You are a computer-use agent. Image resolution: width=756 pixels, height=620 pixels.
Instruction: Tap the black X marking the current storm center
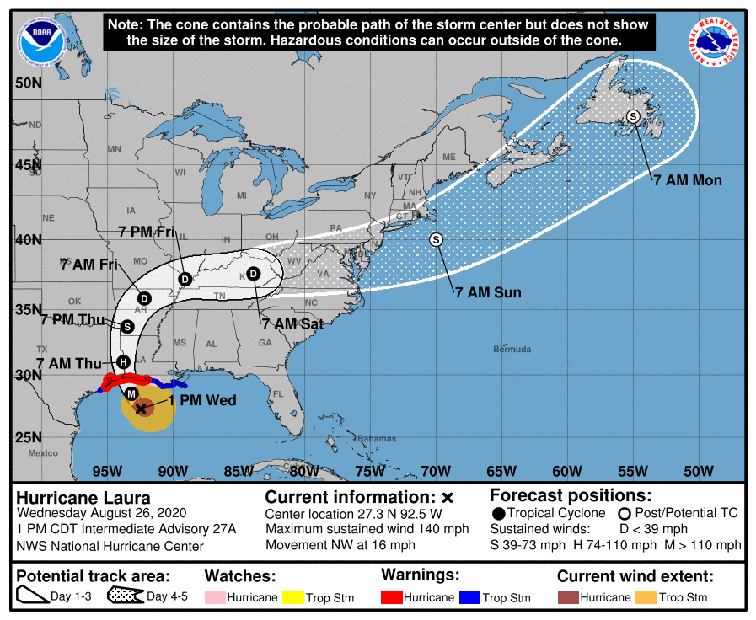tap(141, 409)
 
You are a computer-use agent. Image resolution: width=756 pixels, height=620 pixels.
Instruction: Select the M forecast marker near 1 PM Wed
tap(131, 394)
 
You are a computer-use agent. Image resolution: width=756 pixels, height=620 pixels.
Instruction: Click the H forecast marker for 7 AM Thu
tap(123, 362)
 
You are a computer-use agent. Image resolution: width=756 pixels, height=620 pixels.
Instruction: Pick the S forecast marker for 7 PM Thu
tap(127, 326)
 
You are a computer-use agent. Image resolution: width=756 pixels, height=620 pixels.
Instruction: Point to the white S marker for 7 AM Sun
tap(436, 239)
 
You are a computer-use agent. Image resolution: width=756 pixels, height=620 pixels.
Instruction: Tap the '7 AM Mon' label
tap(688, 180)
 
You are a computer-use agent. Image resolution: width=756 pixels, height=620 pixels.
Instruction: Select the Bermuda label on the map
tap(512, 349)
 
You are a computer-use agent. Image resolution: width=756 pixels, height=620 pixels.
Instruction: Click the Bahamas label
tap(376, 438)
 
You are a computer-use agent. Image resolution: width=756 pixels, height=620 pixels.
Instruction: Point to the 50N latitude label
tap(28, 83)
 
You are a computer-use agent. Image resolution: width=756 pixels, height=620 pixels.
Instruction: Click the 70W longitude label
tap(436, 470)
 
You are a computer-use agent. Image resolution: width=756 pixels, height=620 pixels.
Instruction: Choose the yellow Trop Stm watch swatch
tap(291, 597)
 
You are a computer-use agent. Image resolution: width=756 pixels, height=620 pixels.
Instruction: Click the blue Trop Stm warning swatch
tap(469, 597)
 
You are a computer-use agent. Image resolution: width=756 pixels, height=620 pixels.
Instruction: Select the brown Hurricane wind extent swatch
tap(569, 597)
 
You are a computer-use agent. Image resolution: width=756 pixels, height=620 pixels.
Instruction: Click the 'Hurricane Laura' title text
tap(83, 497)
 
